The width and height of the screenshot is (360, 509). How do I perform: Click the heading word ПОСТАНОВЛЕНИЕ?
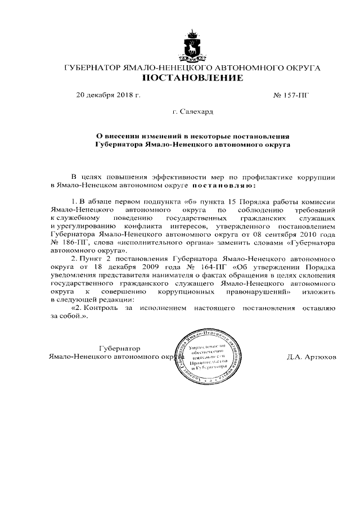192,78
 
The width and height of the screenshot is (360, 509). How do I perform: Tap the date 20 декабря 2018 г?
108,95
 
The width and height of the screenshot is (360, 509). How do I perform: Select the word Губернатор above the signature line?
120,349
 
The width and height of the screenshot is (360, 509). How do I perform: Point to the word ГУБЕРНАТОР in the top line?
93,68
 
